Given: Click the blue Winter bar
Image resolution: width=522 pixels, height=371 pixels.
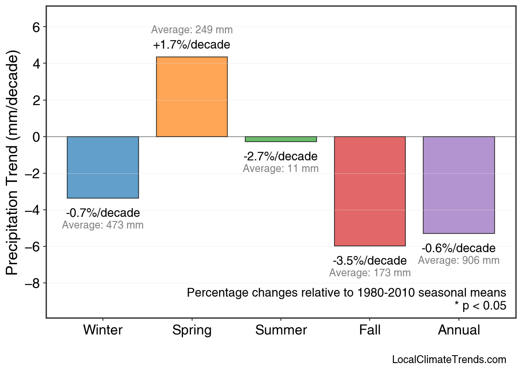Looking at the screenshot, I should [x=103, y=167].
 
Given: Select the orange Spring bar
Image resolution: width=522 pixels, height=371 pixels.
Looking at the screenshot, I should [x=192, y=97].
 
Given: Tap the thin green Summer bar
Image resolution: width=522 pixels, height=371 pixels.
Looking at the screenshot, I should [x=281, y=139].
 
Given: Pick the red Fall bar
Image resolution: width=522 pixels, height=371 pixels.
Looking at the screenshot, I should [x=370, y=191].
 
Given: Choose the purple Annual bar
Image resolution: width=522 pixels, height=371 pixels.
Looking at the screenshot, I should [x=459, y=185].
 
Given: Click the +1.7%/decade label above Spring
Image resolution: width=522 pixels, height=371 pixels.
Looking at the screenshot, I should [x=192, y=44].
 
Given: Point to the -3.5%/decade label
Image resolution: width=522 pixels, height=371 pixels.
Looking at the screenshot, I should [x=370, y=261].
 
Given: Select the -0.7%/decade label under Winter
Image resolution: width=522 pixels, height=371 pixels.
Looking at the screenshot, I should [x=103, y=213].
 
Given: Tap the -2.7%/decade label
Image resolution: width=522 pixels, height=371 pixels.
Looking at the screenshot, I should [x=281, y=157].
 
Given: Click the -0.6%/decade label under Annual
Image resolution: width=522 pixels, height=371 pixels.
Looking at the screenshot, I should [x=459, y=248].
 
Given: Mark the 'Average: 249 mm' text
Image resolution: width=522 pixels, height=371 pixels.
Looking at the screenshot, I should [x=192, y=30].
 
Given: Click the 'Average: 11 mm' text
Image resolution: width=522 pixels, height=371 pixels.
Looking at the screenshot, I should [x=281, y=169].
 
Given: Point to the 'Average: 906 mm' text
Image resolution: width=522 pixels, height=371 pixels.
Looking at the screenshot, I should [x=459, y=260].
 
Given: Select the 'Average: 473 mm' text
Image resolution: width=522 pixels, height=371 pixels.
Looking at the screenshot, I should [x=103, y=225].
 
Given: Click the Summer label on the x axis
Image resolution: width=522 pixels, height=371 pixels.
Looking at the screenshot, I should [x=281, y=330].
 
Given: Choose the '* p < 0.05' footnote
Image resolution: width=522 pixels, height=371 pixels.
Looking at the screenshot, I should [x=481, y=306].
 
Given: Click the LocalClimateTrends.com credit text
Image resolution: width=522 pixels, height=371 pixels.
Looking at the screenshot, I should [x=449, y=360].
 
